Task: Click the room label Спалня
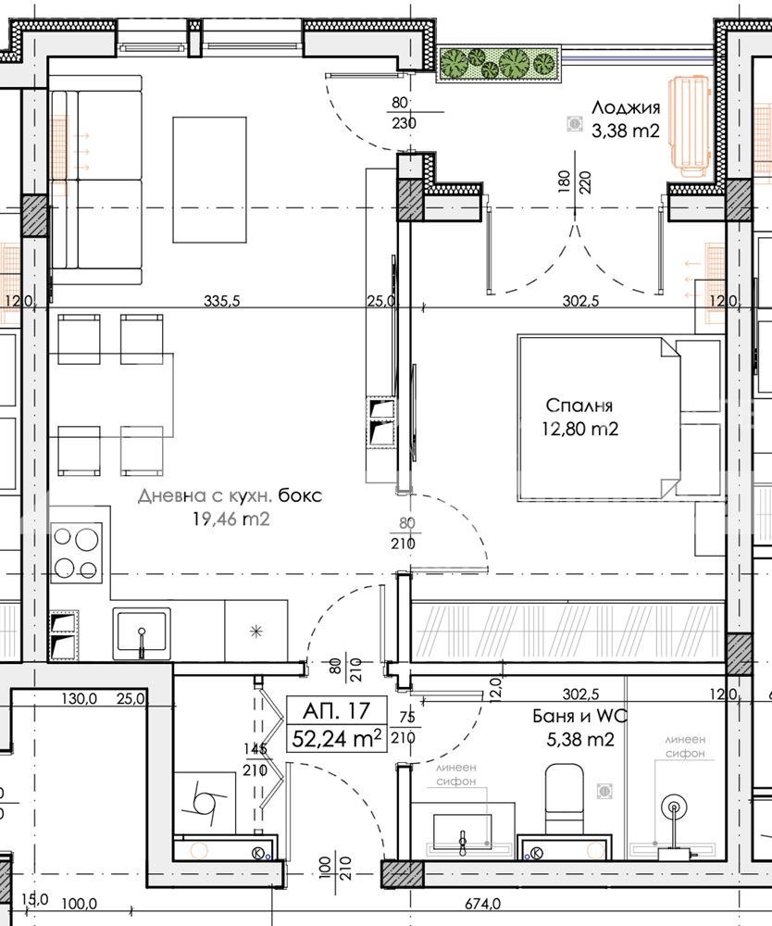point(579,406)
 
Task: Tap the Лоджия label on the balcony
point(626,108)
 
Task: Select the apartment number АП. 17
point(336,710)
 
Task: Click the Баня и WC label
point(579,717)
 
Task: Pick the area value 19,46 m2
point(230,519)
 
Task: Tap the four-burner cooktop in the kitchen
point(76,553)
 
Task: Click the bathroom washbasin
point(462,831)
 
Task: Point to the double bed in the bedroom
point(599,419)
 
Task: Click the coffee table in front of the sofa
point(209,180)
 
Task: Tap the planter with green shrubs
point(499,63)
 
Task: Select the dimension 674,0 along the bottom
point(482,904)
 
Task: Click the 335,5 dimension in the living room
point(222,301)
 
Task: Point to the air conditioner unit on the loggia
point(690,126)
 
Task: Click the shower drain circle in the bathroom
point(674,807)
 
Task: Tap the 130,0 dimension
point(79,699)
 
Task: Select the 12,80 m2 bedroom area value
point(580,430)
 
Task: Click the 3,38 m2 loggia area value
point(626,131)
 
